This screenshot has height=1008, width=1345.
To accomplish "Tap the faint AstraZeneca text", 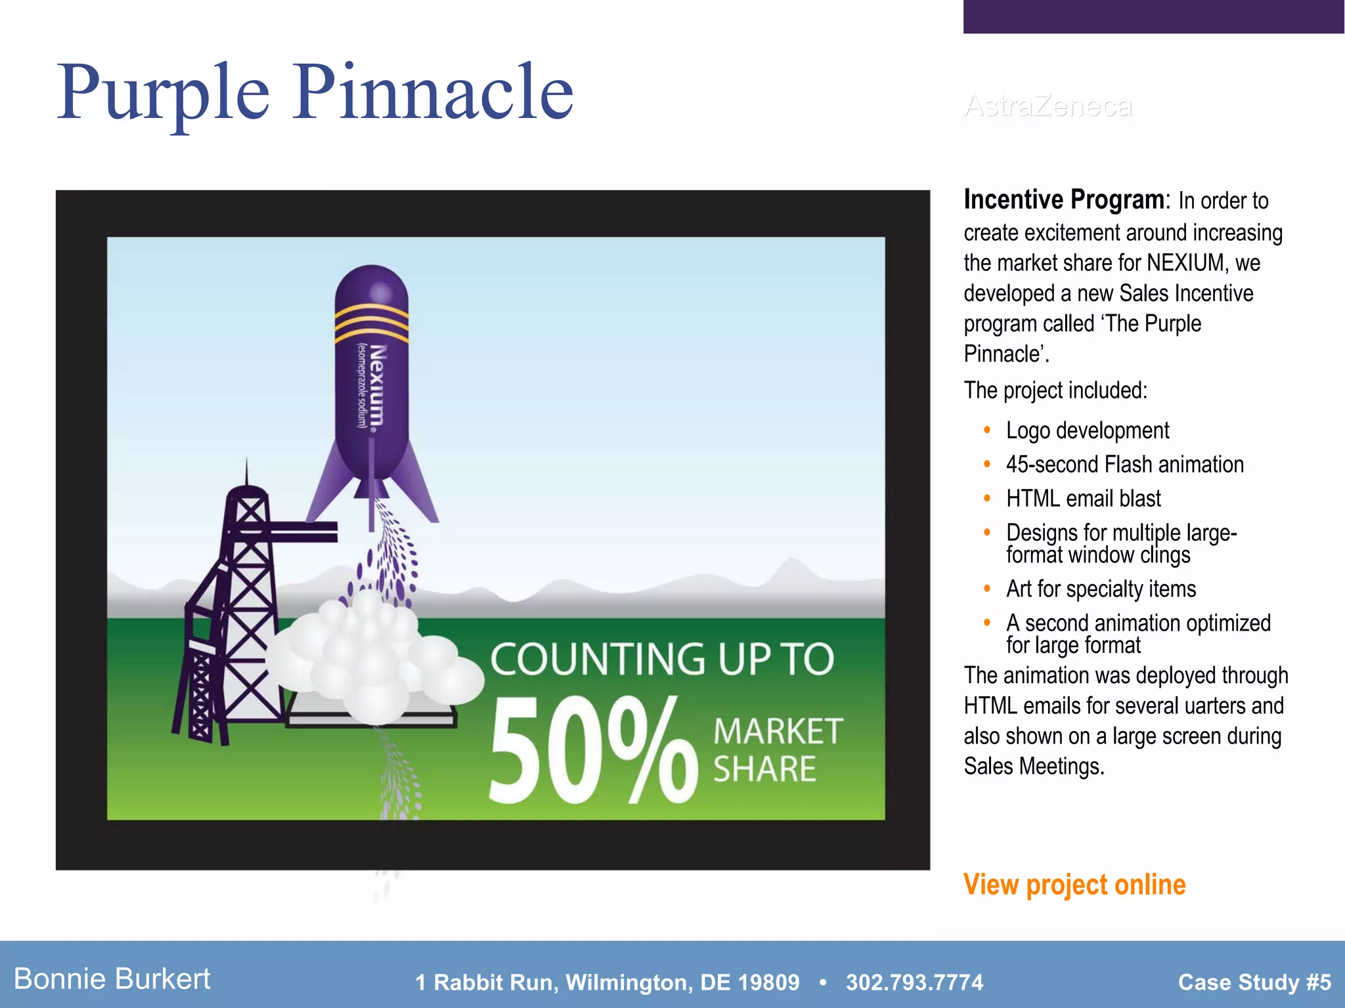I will click(x=1048, y=106).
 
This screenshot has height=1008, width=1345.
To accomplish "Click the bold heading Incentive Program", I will click(x=1064, y=199).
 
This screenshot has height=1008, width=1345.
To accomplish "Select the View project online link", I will click(x=1074, y=885).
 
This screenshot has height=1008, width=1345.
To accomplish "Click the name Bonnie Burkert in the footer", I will click(x=112, y=979).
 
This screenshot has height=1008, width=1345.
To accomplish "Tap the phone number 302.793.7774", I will click(x=914, y=982).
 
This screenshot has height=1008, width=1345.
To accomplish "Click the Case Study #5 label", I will click(x=1254, y=982).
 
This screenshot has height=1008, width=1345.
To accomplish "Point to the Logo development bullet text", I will click(x=1088, y=430).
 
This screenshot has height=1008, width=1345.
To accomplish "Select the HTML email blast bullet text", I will click(x=1084, y=499).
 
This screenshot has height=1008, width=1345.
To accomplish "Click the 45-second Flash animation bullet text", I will click(x=1124, y=465).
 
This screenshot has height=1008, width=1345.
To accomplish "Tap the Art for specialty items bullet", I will click(x=1101, y=589).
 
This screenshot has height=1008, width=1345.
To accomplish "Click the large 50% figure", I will click(x=591, y=751).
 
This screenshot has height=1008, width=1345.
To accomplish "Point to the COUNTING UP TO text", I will click(x=662, y=659).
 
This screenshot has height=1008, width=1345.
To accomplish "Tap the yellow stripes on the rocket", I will click(x=372, y=323).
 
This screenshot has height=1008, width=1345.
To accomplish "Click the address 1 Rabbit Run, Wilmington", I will click(x=607, y=982).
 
